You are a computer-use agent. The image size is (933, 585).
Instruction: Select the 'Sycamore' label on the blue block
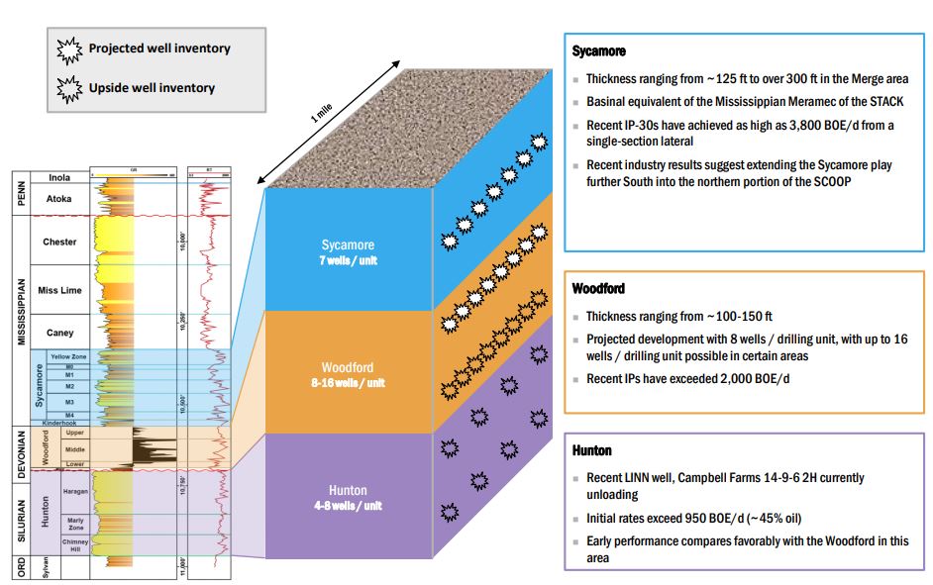point(348,246)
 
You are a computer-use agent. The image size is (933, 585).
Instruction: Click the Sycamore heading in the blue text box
point(598,50)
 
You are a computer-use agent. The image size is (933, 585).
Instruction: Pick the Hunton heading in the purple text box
point(592,450)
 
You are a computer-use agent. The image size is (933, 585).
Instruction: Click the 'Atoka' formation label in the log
point(59,199)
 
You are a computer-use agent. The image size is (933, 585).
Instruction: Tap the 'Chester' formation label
point(59,242)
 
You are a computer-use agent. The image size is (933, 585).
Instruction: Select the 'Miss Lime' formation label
point(59,289)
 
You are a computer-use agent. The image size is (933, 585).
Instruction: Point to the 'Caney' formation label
point(59,332)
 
